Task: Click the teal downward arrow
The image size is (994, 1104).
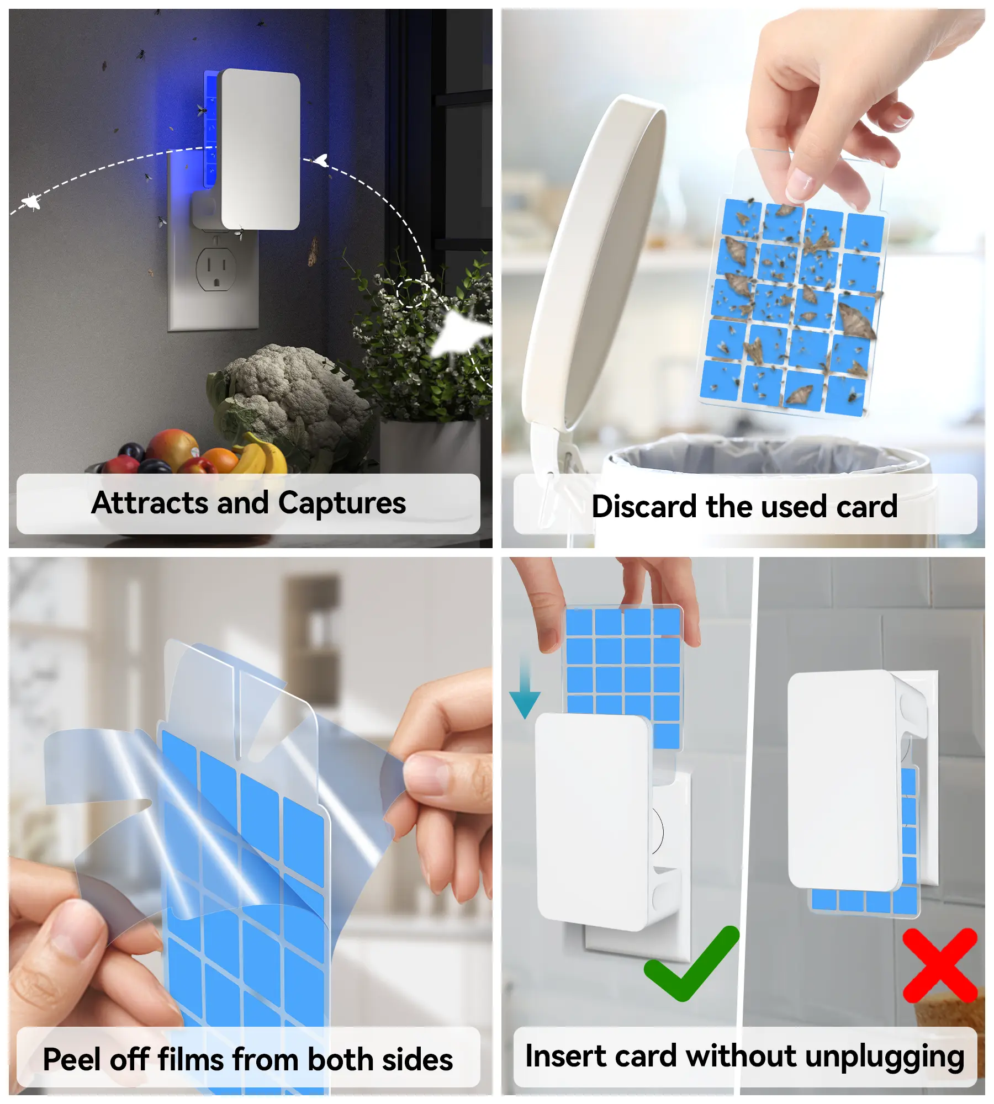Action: click(525, 688)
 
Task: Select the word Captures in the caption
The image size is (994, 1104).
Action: click(342, 503)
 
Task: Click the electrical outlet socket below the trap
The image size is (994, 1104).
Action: click(216, 268)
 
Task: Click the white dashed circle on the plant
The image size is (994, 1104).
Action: click(411, 293)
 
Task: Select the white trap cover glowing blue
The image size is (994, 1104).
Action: click(260, 149)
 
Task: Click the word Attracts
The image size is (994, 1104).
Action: click(150, 503)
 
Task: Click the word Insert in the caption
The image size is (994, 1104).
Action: click(565, 1056)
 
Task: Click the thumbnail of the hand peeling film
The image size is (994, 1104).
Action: click(250, 826)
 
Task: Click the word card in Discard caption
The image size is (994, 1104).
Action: click(866, 506)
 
